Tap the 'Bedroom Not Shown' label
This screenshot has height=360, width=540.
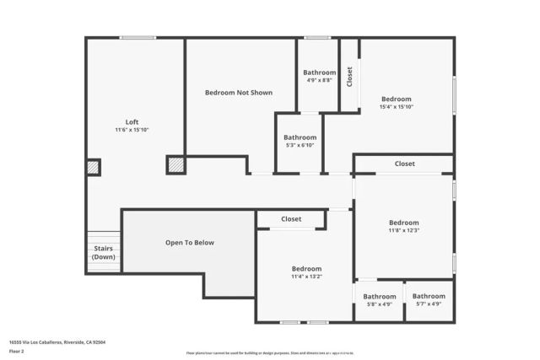pyautogui.click(x=239, y=93)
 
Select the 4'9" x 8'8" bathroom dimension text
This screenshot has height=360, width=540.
pyautogui.click(x=320, y=82)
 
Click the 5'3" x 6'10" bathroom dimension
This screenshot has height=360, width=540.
pyautogui.click(x=300, y=145)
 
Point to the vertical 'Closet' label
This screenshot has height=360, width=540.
pyautogui.click(x=349, y=76)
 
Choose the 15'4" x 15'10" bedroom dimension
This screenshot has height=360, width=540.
pyautogui.click(x=396, y=107)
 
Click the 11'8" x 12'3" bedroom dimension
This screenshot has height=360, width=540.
pyautogui.click(x=403, y=230)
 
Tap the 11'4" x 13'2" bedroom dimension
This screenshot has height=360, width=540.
pyautogui.click(x=306, y=277)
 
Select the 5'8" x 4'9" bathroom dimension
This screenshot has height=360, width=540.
pyautogui.click(x=380, y=304)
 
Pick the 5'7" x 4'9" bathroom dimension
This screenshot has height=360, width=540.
pyautogui.click(x=429, y=304)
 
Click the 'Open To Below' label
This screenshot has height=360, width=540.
pyautogui.click(x=190, y=243)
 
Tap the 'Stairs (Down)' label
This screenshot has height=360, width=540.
pyautogui.click(x=103, y=253)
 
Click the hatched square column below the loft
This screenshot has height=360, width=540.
pyautogui.click(x=175, y=165)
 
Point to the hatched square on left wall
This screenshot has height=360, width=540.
pyautogui.click(x=93, y=168)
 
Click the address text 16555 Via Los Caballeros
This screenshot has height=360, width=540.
pyautogui.click(x=57, y=342)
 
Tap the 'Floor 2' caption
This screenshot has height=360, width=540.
pyautogui.click(x=17, y=352)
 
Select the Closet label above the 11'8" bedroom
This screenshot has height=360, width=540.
pyautogui.click(x=404, y=164)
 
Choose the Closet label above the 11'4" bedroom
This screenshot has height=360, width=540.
pyautogui.click(x=291, y=219)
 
